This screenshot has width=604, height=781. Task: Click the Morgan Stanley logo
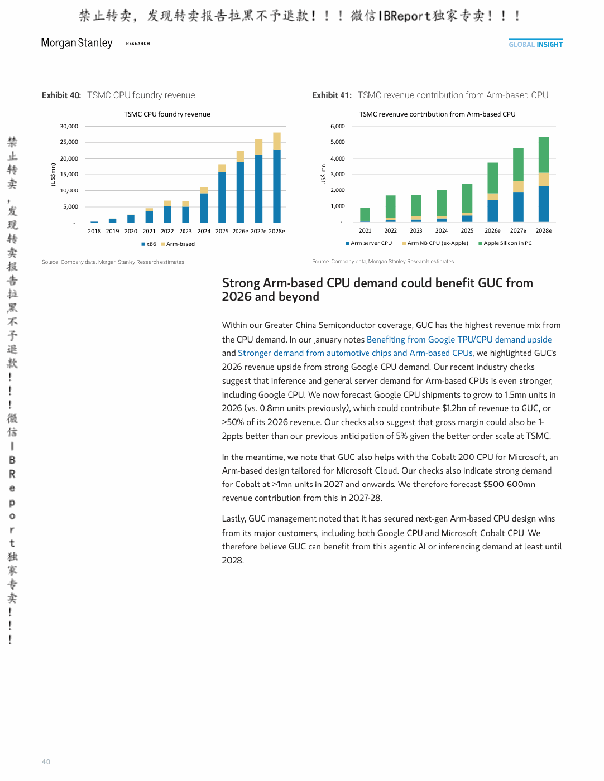(76, 43)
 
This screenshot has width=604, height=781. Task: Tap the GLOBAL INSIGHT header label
(535, 44)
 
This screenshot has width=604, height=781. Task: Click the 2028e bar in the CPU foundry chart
(277, 177)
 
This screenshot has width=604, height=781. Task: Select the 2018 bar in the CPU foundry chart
(94, 222)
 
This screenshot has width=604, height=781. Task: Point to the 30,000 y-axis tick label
(69, 126)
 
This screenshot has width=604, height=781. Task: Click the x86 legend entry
(149, 244)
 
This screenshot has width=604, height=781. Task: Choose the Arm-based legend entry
(178, 244)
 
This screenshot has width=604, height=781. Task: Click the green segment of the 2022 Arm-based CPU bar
(390, 206)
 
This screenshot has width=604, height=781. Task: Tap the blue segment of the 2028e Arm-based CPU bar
(544, 204)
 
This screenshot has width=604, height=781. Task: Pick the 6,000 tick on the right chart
(338, 126)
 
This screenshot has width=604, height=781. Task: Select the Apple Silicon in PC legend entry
(505, 243)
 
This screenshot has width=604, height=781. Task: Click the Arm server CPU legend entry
(368, 243)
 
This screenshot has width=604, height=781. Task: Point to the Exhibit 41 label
(332, 95)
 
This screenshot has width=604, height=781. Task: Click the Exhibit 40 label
(61, 95)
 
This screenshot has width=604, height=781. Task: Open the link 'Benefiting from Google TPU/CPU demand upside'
(459, 339)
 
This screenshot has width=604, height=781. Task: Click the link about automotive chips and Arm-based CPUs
(355, 353)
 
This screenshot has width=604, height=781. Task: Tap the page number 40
(46, 761)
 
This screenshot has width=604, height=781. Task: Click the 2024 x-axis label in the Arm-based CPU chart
(442, 231)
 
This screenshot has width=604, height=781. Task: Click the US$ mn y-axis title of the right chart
(323, 174)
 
